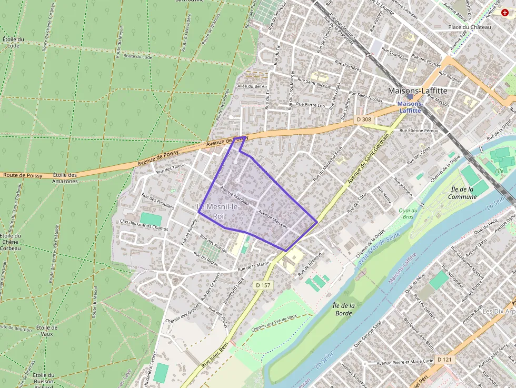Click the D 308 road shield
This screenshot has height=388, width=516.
click(x=363, y=120)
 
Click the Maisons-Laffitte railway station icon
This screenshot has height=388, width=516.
click(x=410, y=97)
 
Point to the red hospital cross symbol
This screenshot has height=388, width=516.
click(x=505, y=12)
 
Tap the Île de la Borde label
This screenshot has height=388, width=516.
click(x=344, y=309)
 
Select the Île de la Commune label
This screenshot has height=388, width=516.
click(x=462, y=193)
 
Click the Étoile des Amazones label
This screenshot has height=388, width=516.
click(x=65, y=178)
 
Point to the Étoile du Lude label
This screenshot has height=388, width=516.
click(x=14, y=42)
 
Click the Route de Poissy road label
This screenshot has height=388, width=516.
click(x=22, y=175)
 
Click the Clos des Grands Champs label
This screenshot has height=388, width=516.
click(x=144, y=225)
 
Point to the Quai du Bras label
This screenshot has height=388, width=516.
click(x=410, y=213)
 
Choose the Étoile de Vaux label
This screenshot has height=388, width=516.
click(x=47, y=331)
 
